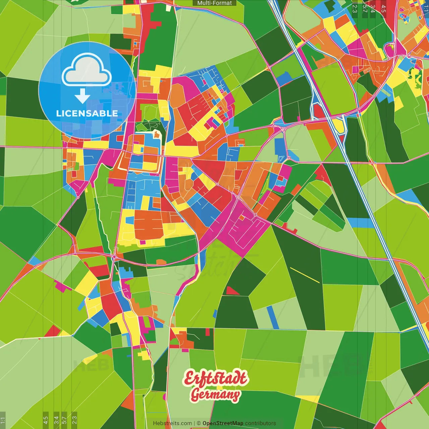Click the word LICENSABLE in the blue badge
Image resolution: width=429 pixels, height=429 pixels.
(x=87, y=113)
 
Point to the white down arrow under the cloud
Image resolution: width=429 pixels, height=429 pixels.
(x=82, y=97)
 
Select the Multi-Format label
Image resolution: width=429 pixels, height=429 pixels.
(x=214, y=3)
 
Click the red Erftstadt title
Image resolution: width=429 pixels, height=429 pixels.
(x=215, y=378)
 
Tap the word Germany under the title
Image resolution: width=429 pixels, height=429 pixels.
(x=215, y=395)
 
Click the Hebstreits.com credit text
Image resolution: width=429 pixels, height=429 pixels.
(x=172, y=423)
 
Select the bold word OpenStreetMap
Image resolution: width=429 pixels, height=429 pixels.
(x=223, y=423)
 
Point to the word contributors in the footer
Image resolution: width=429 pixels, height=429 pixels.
(x=260, y=423)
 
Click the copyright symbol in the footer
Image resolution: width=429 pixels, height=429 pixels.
(x=199, y=423)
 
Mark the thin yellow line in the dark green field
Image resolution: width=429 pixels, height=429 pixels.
(x=305, y=275)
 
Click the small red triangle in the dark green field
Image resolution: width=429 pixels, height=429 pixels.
(x=232, y=291)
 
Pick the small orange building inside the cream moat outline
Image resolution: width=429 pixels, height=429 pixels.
(x=156, y=135)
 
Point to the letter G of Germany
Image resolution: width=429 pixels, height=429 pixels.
(x=195, y=395)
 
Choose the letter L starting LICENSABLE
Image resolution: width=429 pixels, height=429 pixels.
(x=58, y=113)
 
